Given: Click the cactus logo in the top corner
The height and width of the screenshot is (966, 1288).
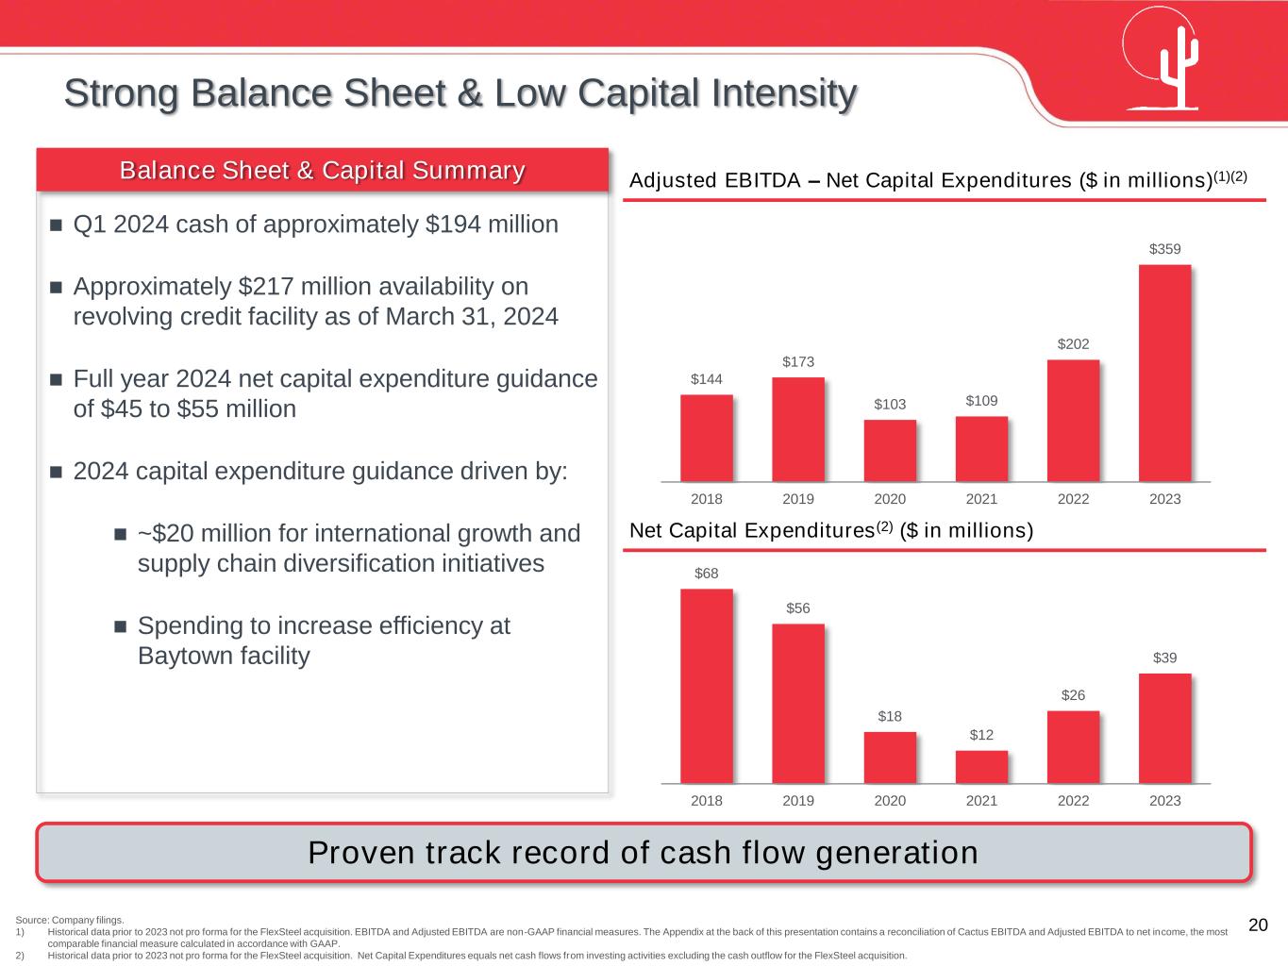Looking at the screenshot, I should (x=1163, y=58).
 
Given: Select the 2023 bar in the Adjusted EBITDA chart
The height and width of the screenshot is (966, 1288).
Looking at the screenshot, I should (x=1164, y=373).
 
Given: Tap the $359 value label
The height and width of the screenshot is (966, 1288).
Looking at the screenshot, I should (x=1164, y=249).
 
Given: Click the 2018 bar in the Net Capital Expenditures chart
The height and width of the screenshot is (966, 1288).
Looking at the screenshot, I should (x=707, y=686).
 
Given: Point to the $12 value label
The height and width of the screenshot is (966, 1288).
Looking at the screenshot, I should (x=981, y=734).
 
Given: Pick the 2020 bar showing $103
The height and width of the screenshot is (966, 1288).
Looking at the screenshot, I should (x=890, y=450).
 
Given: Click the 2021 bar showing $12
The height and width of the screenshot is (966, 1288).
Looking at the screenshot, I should (x=981, y=766).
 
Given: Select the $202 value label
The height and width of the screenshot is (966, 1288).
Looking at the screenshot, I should (x=1073, y=344).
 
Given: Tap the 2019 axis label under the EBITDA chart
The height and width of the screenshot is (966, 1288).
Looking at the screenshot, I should (x=798, y=499).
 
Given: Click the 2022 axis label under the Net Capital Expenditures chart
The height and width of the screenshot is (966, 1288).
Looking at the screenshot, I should (x=1073, y=801).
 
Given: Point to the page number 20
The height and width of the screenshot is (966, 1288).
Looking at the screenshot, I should (x=1258, y=924).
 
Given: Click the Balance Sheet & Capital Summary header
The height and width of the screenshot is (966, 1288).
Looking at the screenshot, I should (x=322, y=171).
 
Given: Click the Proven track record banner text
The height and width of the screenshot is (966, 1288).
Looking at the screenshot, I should (x=643, y=853).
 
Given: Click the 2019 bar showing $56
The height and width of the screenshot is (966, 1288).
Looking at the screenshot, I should (x=798, y=703).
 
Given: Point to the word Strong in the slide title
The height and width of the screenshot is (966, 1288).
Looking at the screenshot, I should (x=122, y=93).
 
